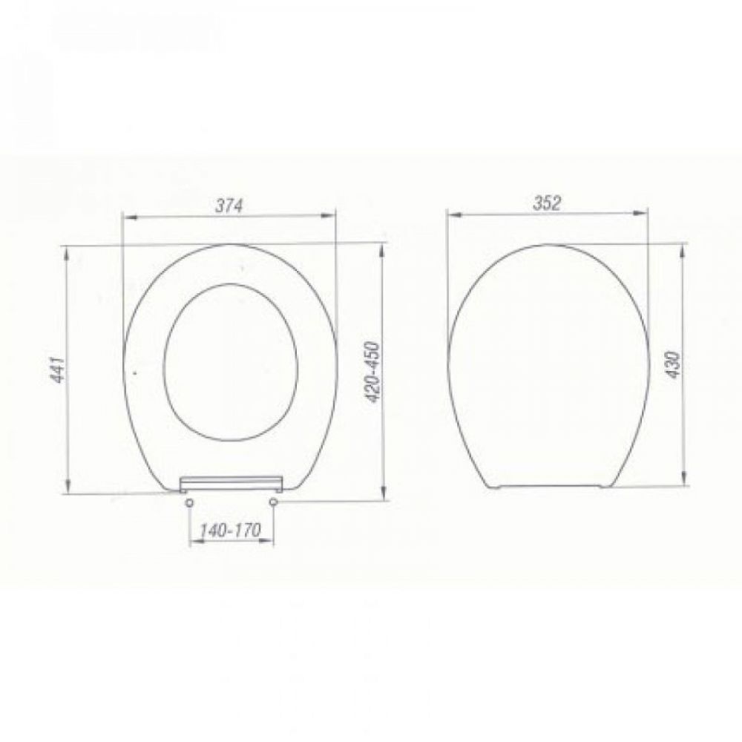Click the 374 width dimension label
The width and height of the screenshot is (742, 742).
coord(229,206)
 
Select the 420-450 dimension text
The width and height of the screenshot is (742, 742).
coord(374,372)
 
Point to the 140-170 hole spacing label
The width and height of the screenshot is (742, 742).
coord(230,531)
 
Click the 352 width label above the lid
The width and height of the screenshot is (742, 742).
coord(547,203)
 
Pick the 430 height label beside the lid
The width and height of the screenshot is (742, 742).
coord(674,364)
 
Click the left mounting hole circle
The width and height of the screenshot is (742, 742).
coord(189,502)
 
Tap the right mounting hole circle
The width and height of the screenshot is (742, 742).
coord(273,501)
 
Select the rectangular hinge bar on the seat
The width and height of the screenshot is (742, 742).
coord(232,484)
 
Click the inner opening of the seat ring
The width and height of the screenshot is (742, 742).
coord(231,284)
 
